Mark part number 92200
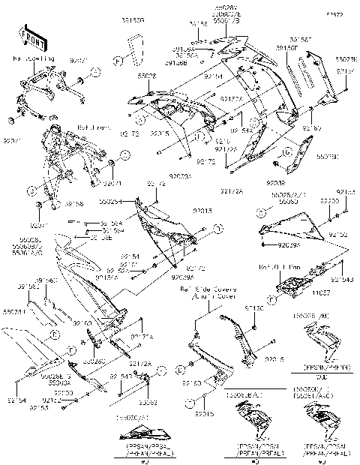coord(328,202)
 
